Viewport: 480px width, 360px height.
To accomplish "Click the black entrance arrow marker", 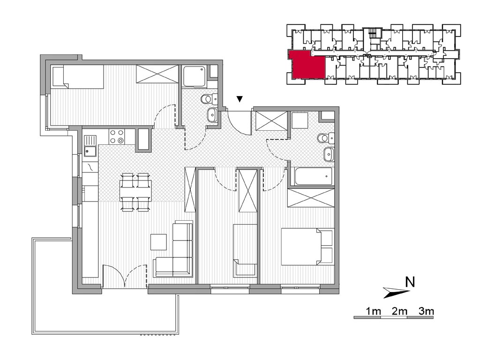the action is (240, 99).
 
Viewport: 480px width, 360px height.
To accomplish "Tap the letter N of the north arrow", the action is (410, 282).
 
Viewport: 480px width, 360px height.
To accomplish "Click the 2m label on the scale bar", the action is (399, 311).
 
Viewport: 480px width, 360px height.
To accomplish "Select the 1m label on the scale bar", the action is (373, 311).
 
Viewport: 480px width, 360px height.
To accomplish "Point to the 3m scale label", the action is (426, 311).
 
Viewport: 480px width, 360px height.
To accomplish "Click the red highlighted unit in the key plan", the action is (307, 65).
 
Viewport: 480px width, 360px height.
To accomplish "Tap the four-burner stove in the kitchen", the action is (117, 136).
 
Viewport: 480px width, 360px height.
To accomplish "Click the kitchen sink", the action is (90, 146).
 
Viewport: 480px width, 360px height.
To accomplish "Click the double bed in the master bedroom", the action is (307, 247).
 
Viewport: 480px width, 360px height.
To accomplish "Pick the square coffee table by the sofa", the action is (158, 242).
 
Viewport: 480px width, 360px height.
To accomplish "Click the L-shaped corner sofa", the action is (174, 250).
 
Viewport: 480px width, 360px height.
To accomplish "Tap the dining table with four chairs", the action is (135, 192).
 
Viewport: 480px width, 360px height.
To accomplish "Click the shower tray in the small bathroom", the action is (195, 76).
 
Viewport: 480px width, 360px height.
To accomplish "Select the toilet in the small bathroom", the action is (209, 98).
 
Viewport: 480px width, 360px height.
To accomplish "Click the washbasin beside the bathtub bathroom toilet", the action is (329, 154).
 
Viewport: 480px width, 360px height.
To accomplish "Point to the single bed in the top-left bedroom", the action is (78, 77).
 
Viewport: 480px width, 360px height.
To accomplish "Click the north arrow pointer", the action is (397, 292).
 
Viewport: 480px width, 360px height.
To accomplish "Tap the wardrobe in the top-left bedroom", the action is (157, 74).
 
